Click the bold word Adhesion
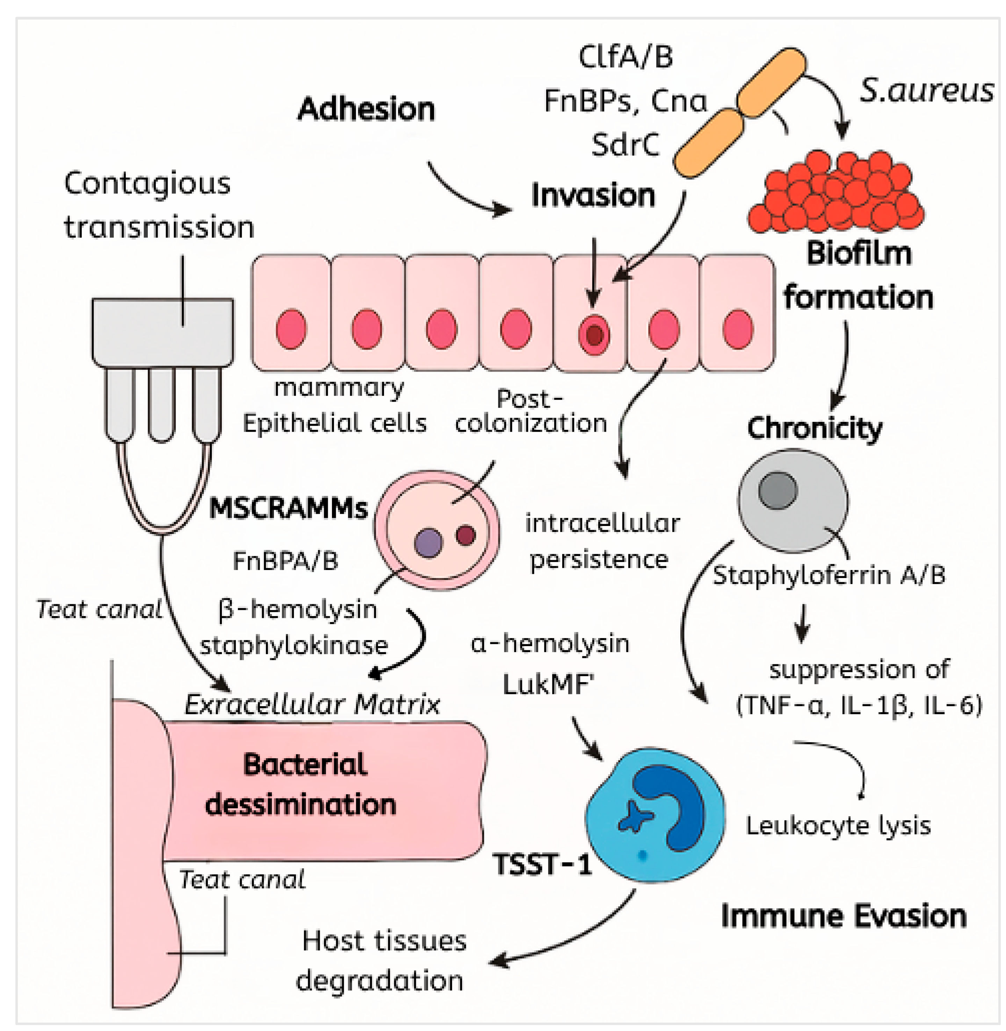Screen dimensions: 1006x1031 pyautogui.click(x=366, y=109)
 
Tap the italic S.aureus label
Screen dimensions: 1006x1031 pyautogui.click(x=927, y=90)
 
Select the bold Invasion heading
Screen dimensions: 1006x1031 pyautogui.click(x=593, y=196)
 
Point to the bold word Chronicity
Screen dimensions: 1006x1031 pyautogui.click(x=815, y=428)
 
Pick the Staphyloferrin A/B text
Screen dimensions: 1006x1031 pyautogui.click(x=829, y=575)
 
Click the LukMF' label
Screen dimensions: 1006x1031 pyautogui.click(x=549, y=685)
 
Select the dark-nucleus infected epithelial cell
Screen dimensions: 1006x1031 pyautogui.click(x=591, y=313)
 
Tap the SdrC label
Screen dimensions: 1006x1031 pyautogui.click(x=625, y=145)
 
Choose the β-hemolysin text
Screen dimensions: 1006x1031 pyautogui.click(x=297, y=609)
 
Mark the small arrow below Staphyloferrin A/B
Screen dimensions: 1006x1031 pyautogui.click(x=803, y=623)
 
